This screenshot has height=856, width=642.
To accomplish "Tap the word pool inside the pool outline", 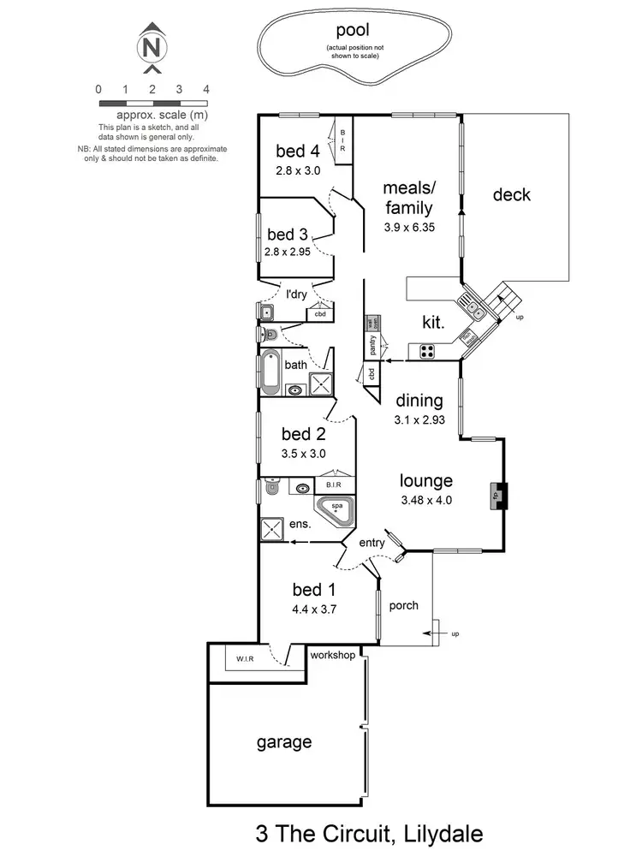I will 352,32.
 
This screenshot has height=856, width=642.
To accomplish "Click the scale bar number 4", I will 205,89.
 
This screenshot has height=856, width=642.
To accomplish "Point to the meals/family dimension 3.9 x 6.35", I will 408,228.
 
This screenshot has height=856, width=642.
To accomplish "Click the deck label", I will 511,195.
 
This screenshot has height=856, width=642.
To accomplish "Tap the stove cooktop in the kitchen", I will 425,350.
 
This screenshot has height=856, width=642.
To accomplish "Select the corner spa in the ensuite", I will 336,509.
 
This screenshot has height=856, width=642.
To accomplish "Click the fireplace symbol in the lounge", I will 496,494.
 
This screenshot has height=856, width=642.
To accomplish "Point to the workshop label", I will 334,656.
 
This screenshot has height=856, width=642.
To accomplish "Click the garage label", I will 284,742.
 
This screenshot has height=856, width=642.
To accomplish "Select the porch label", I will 403,605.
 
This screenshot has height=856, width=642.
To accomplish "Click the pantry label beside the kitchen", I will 372,344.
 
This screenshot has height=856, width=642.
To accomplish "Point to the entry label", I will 372,543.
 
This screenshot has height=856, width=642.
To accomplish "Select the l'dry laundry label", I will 296,294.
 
